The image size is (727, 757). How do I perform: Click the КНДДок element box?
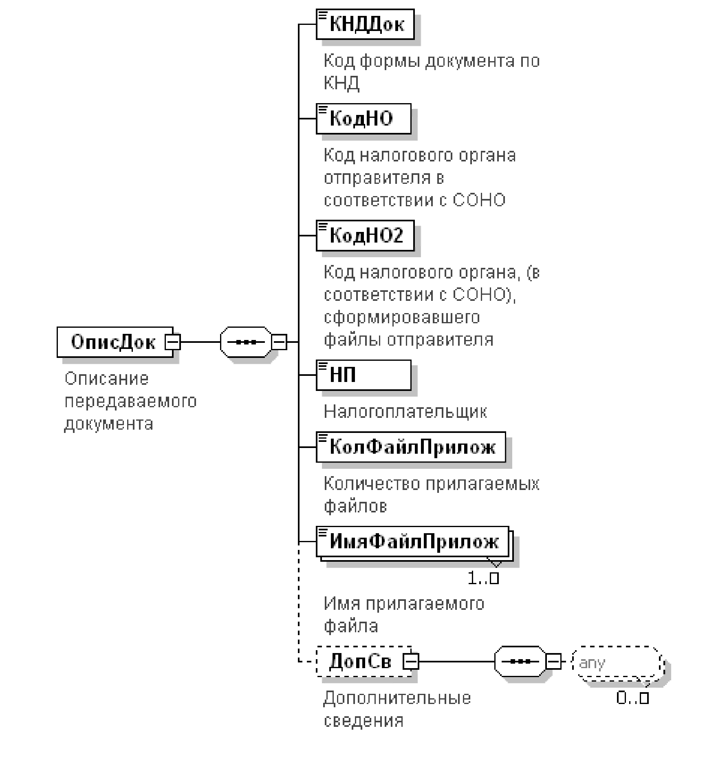[x=365, y=24]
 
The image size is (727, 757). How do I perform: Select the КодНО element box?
[x=363, y=119]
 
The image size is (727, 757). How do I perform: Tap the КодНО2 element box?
[x=365, y=235]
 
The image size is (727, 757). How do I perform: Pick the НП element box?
[x=363, y=375]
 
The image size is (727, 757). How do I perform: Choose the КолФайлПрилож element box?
[x=411, y=447]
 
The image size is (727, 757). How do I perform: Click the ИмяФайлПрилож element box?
[x=412, y=542]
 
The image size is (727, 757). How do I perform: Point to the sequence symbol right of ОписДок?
[x=245, y=342]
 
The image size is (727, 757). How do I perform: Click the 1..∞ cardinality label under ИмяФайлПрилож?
[x=483, y=578]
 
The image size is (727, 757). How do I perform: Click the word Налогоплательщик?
[x=405, y=412]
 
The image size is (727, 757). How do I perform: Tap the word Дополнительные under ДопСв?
[x=397, y=698]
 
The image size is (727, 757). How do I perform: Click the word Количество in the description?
[x=372, y=484]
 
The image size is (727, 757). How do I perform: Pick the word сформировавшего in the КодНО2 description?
[x=402, y=317]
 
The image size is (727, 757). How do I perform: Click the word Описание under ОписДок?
[x=107, y=379]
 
